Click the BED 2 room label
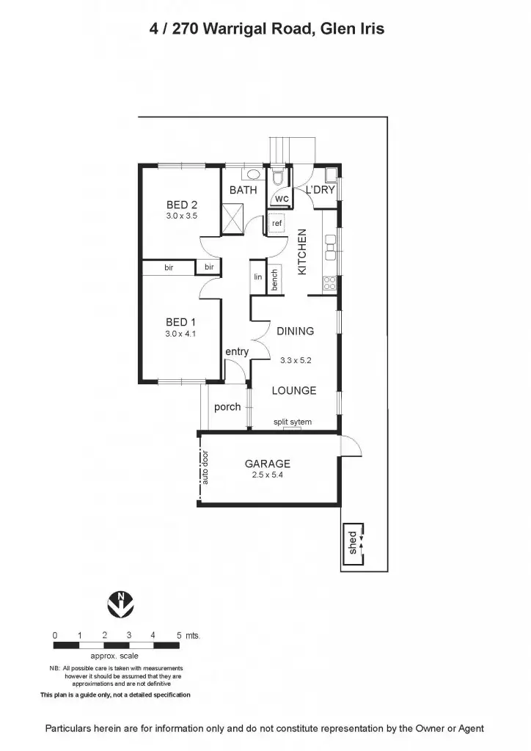click(x=181, y=205)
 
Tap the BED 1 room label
click(x=181, y=322)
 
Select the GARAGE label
click(x=268, y=464)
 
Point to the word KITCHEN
click(x=301, y=252)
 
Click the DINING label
click(x=295, y=331)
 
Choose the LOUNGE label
click(x=294, y=390)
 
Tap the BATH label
click(x=243, y=190)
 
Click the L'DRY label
click(x=321, y=190)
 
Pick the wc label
click(x=282, y=199)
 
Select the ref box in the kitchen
click(x=277, y=223)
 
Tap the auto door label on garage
click(x=205, y=466)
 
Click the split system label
click(x=293, y=422)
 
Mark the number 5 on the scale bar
click(x=179, y=635)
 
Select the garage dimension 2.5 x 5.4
click(x=268, y=475)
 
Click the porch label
click(x=227, y=407)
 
